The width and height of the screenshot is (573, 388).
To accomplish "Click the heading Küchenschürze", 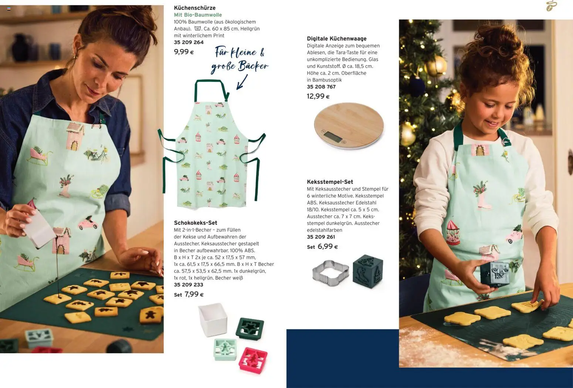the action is (195, 8).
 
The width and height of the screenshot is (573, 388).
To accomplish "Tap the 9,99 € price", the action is (184, 52).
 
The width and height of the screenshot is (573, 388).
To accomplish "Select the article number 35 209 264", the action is (189, 42).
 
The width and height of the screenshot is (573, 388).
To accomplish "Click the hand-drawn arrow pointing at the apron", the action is (242, 82).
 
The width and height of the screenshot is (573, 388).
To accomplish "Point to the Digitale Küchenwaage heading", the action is (337, 38).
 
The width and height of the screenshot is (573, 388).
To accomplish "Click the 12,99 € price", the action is (318, 96).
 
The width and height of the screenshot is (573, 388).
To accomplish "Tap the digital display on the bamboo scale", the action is (333, 137).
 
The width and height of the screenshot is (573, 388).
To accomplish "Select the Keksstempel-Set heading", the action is (330, 182).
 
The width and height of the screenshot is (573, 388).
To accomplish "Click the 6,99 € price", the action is (328, 246).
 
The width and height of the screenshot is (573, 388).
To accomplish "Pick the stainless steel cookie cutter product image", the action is (330, 273).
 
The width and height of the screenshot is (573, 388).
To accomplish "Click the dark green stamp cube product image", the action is (368, 271).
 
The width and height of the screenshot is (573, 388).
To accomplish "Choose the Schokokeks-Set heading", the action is (196, 223).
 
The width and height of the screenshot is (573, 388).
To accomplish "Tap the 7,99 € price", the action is (194, 294).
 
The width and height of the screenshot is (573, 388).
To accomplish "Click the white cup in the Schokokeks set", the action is (213, 319).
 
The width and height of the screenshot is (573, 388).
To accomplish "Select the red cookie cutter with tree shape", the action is (253, 360).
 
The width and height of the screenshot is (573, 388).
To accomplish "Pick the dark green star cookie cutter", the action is (250, 329).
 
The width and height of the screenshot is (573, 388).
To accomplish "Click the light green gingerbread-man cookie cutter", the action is (225, 350).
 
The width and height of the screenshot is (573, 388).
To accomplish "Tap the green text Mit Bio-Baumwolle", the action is (198, 15).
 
